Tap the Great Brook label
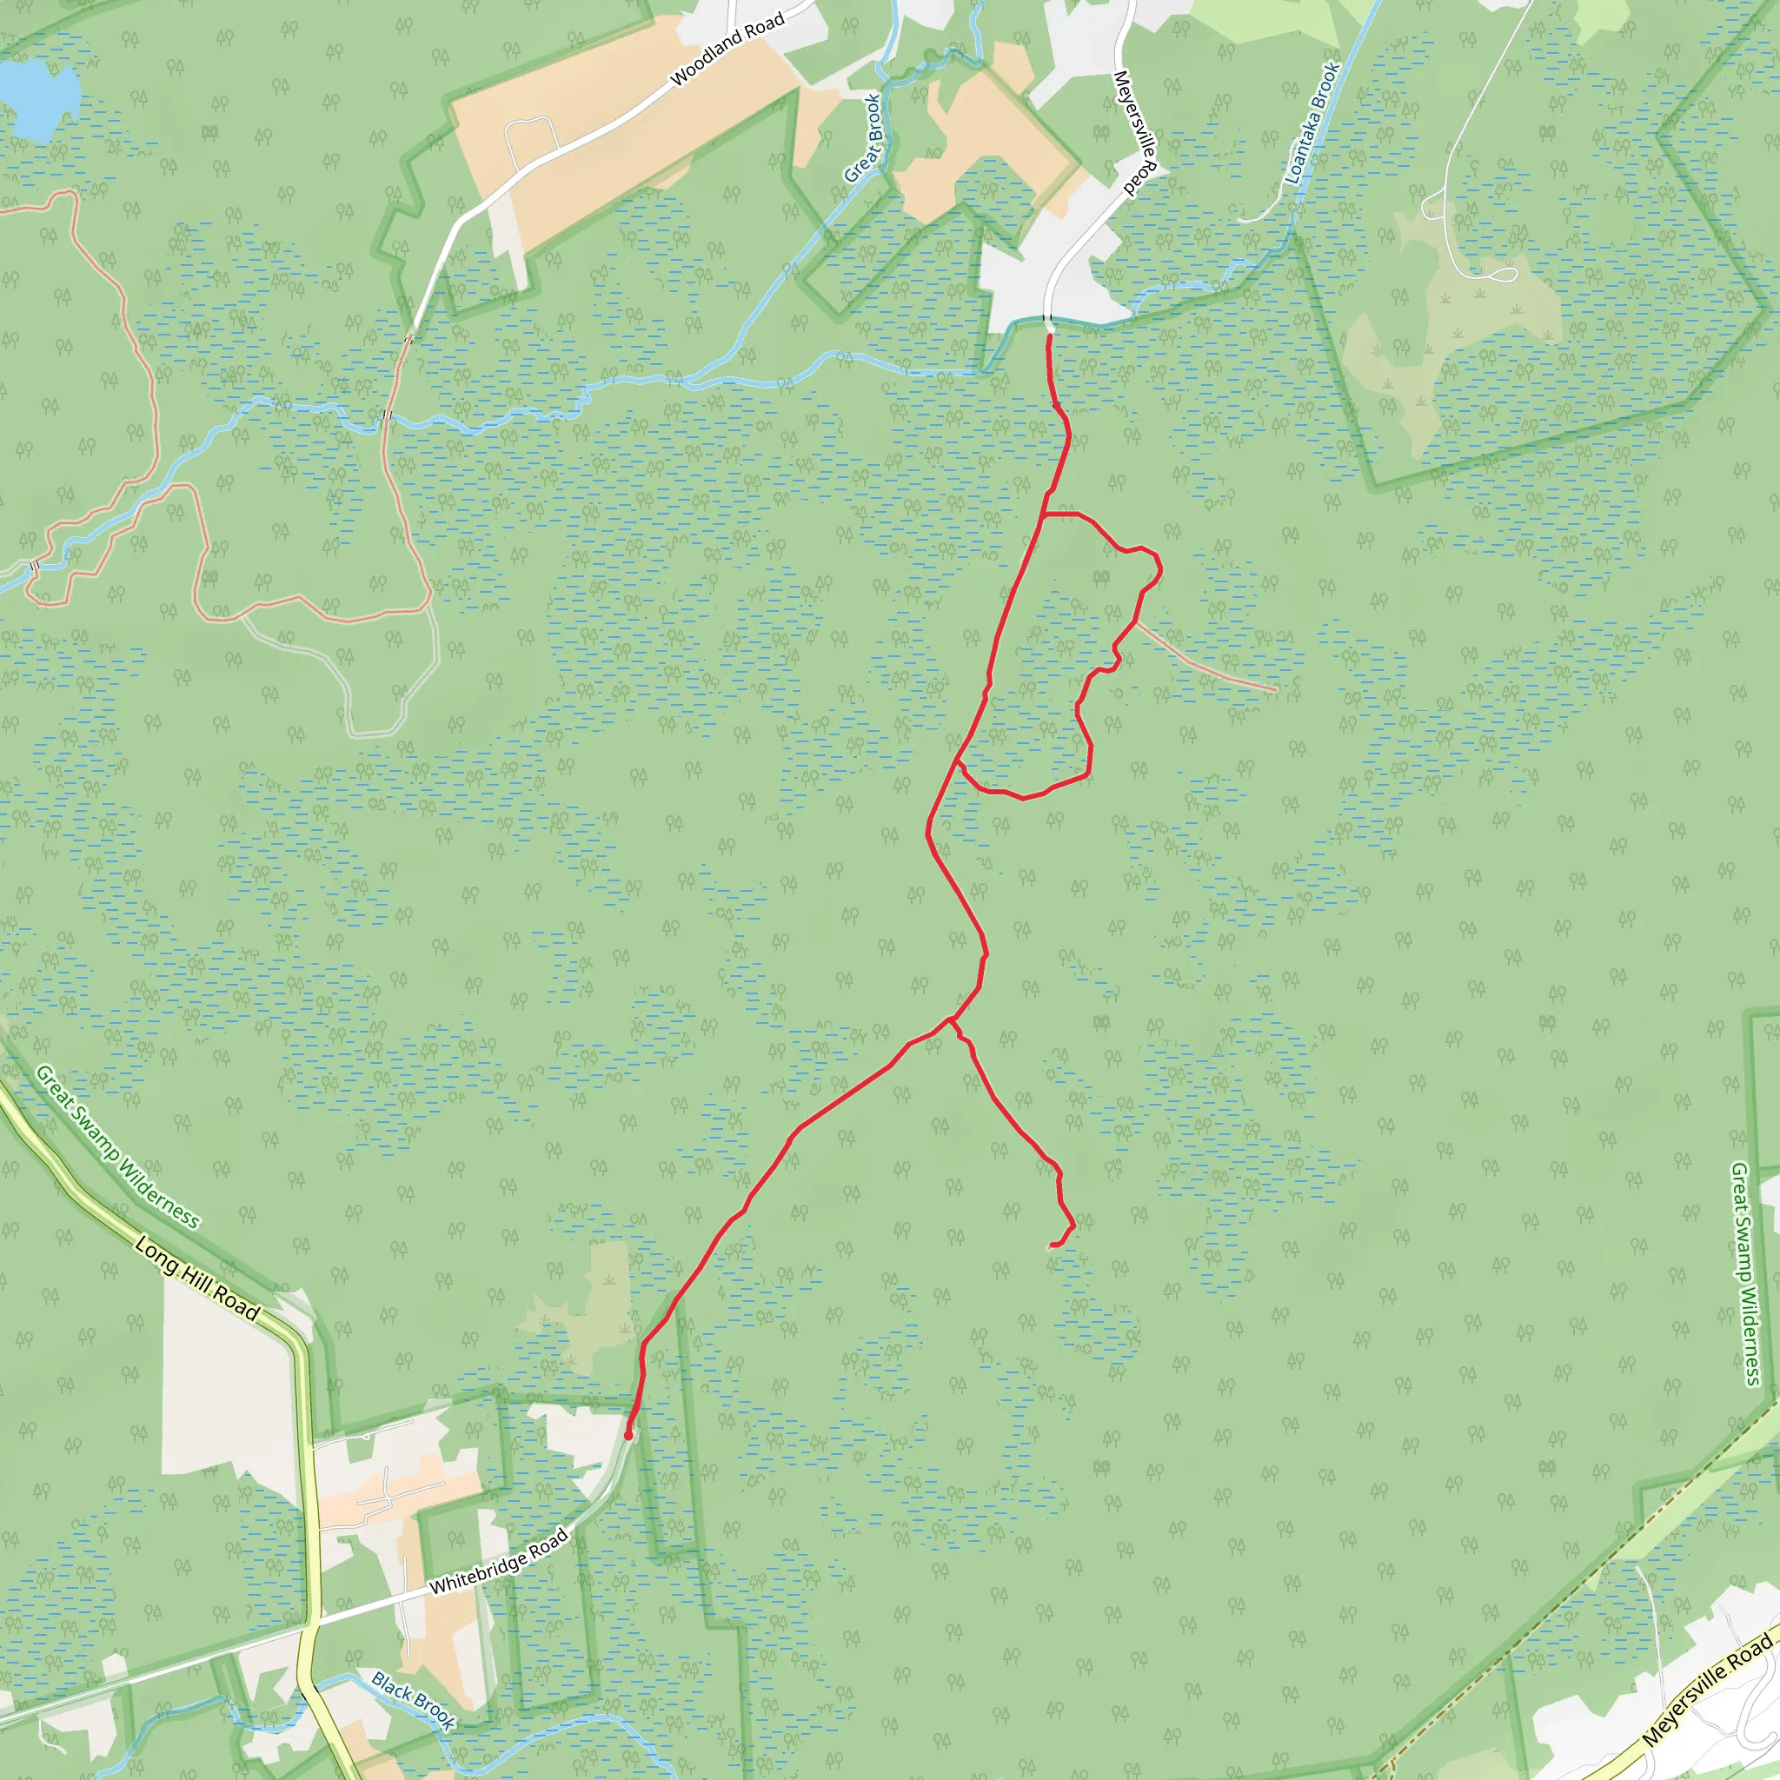coord(863,138)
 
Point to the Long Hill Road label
coord(197,1279)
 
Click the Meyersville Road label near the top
coord(1135,133)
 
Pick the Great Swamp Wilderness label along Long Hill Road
coord(117,1147)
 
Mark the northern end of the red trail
coord(1049,336)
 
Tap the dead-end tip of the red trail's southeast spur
coord(1053,1245)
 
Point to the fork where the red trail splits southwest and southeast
coord(950,1019)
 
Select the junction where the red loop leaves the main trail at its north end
coord(1043,515)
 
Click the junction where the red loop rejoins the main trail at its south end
coord(958,762)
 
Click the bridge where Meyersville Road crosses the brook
coord(1048,320)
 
